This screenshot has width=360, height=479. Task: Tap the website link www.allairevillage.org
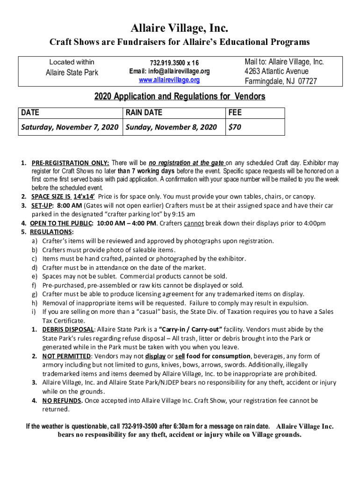click(x=169, y=80)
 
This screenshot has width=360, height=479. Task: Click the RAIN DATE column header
click(x=144, y=113)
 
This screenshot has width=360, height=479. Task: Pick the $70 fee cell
click(x=235, y=127)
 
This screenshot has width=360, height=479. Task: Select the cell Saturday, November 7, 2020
click(x=70, y=127)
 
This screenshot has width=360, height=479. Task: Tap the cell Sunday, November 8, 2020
click(x=171, y=127)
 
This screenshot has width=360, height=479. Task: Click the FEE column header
click(x=235, y=113)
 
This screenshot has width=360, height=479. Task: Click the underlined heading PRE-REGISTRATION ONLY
click(x=71, y=163)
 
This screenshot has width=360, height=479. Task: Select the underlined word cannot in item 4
click(x=194, y=223)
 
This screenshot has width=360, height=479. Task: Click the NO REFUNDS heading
click(x=63, y=400)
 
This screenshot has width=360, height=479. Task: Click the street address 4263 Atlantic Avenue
click(x=276, y=72)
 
